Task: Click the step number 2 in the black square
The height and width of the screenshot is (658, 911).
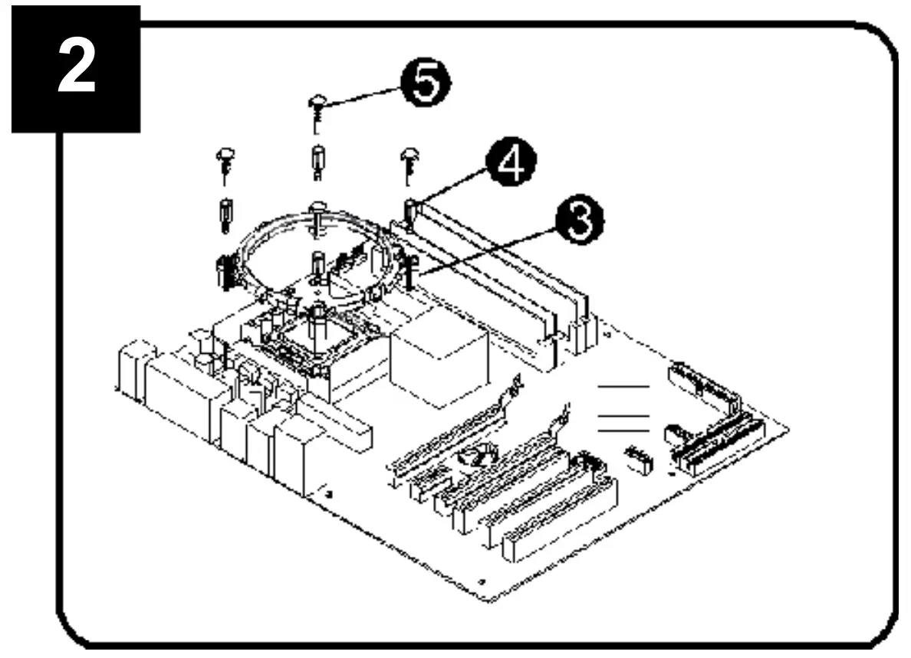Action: [x=76, y=69]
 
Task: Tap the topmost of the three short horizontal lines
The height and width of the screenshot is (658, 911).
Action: [x=623, y=388]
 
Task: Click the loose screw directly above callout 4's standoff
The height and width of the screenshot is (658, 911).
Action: [x=407, y=162]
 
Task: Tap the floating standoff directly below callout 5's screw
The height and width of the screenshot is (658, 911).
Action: [x=317, y=160]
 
